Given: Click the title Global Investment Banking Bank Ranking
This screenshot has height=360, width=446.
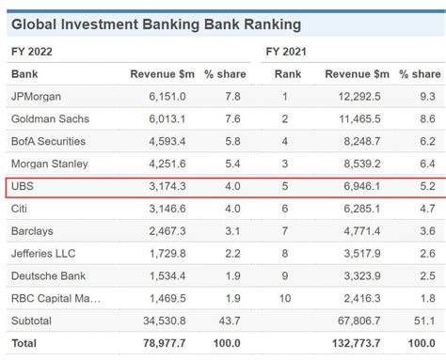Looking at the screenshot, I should coord(156,23).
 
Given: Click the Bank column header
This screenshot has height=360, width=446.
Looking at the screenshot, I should coord(25,73).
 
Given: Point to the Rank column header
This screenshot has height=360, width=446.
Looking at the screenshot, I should coord(288,73).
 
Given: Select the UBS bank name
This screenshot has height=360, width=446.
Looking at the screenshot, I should coord(23,186).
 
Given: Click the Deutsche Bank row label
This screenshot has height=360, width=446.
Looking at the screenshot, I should coord(48,276).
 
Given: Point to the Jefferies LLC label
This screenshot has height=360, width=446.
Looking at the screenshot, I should coord(46,254).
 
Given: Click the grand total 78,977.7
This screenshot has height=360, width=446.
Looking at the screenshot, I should coord(163,344).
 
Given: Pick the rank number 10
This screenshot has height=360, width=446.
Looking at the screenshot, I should coord(285,299).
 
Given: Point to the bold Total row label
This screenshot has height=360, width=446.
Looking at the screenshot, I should coord(25,344).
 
